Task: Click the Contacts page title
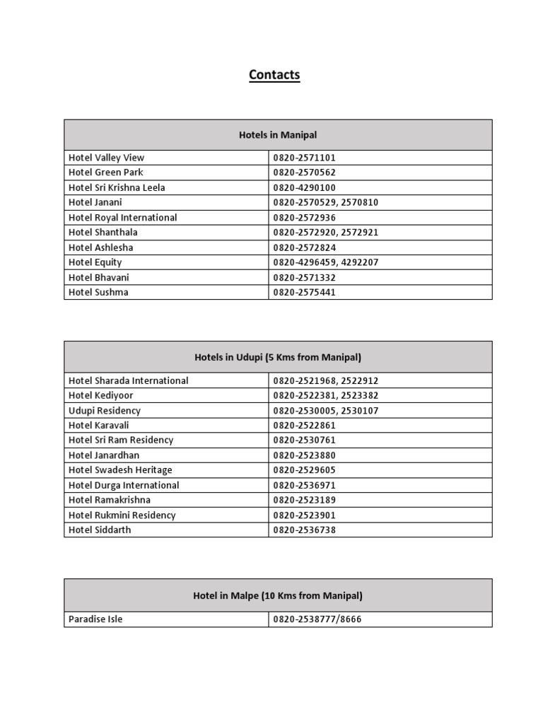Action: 274,75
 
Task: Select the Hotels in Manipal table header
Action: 278,134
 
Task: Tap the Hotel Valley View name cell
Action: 106,158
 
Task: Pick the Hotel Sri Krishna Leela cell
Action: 117,187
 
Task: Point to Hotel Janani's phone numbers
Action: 326,202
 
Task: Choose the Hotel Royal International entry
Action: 122,217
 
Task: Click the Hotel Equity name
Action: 95,262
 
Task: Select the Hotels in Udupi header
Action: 278,357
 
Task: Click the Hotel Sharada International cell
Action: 128,380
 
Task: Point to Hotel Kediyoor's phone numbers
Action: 326,395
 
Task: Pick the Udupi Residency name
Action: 104,410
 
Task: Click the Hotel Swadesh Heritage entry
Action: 120,469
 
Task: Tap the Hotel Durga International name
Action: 124,485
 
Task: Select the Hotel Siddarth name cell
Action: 100,530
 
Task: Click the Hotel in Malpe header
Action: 278,595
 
